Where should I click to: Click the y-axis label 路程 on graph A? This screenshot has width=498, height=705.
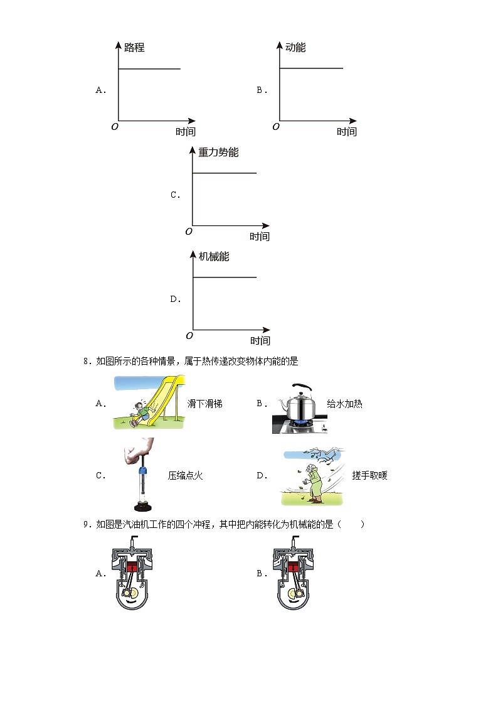134,48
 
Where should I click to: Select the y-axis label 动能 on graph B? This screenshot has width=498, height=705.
295,48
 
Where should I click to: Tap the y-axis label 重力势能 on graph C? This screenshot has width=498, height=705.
218,153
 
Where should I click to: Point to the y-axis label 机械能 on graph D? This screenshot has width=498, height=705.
214,257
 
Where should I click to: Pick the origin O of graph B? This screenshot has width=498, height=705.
276,126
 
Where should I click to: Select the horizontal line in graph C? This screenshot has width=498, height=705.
225,173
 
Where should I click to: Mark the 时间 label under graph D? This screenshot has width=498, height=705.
260,341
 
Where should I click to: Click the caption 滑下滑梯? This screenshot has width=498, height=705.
204,404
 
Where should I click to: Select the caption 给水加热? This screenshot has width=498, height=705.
344,404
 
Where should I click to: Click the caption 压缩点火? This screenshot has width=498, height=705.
185,476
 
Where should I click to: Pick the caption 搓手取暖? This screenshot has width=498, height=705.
369,476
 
